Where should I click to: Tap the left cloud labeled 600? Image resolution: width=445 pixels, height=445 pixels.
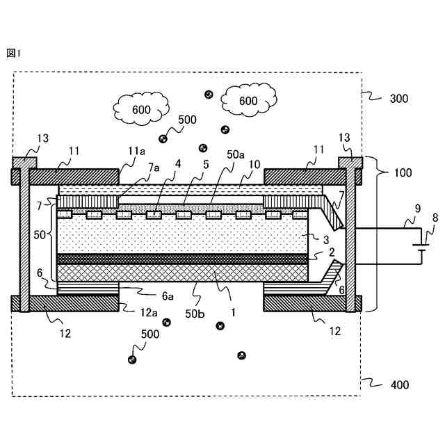point(142,108)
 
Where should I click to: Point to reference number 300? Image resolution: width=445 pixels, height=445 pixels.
point(398,98)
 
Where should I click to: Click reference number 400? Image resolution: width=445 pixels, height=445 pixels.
point(398,384)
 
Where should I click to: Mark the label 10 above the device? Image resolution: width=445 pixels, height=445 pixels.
point(254,165)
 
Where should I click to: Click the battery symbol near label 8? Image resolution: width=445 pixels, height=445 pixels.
point(418,246)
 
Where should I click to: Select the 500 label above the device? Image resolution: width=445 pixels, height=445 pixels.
point(187,120)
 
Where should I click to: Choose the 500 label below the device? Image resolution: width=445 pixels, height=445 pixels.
point(149,334)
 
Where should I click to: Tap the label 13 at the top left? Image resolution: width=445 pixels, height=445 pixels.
point(43,138)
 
